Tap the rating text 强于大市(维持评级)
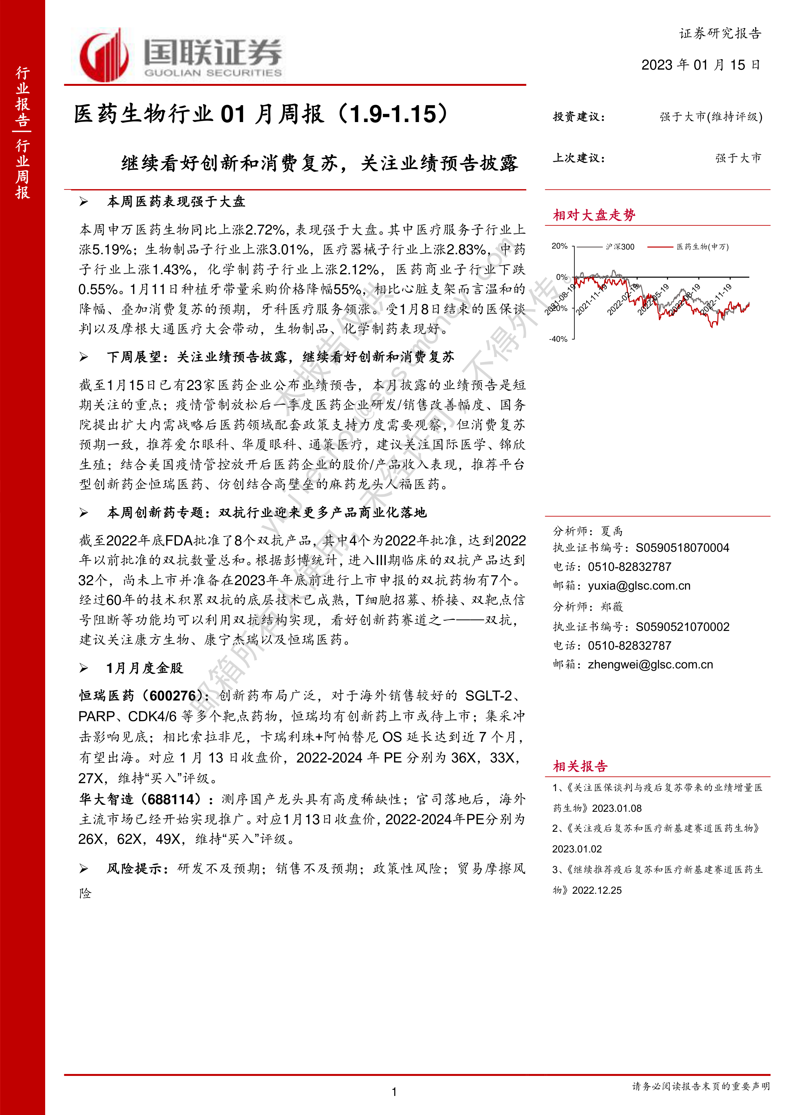(711, 117)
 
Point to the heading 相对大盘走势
(594, 215)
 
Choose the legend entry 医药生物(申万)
(702, 247)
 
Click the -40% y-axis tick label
(558, 339)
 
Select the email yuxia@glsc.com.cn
(639, 586)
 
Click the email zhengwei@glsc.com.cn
(650, 664)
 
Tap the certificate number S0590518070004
(682, 548)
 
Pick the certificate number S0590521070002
(682, 626)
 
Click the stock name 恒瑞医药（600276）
(141, 696)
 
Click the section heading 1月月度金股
(145, 668)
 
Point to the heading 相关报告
(580, 766)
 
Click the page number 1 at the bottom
(394, 1092)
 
